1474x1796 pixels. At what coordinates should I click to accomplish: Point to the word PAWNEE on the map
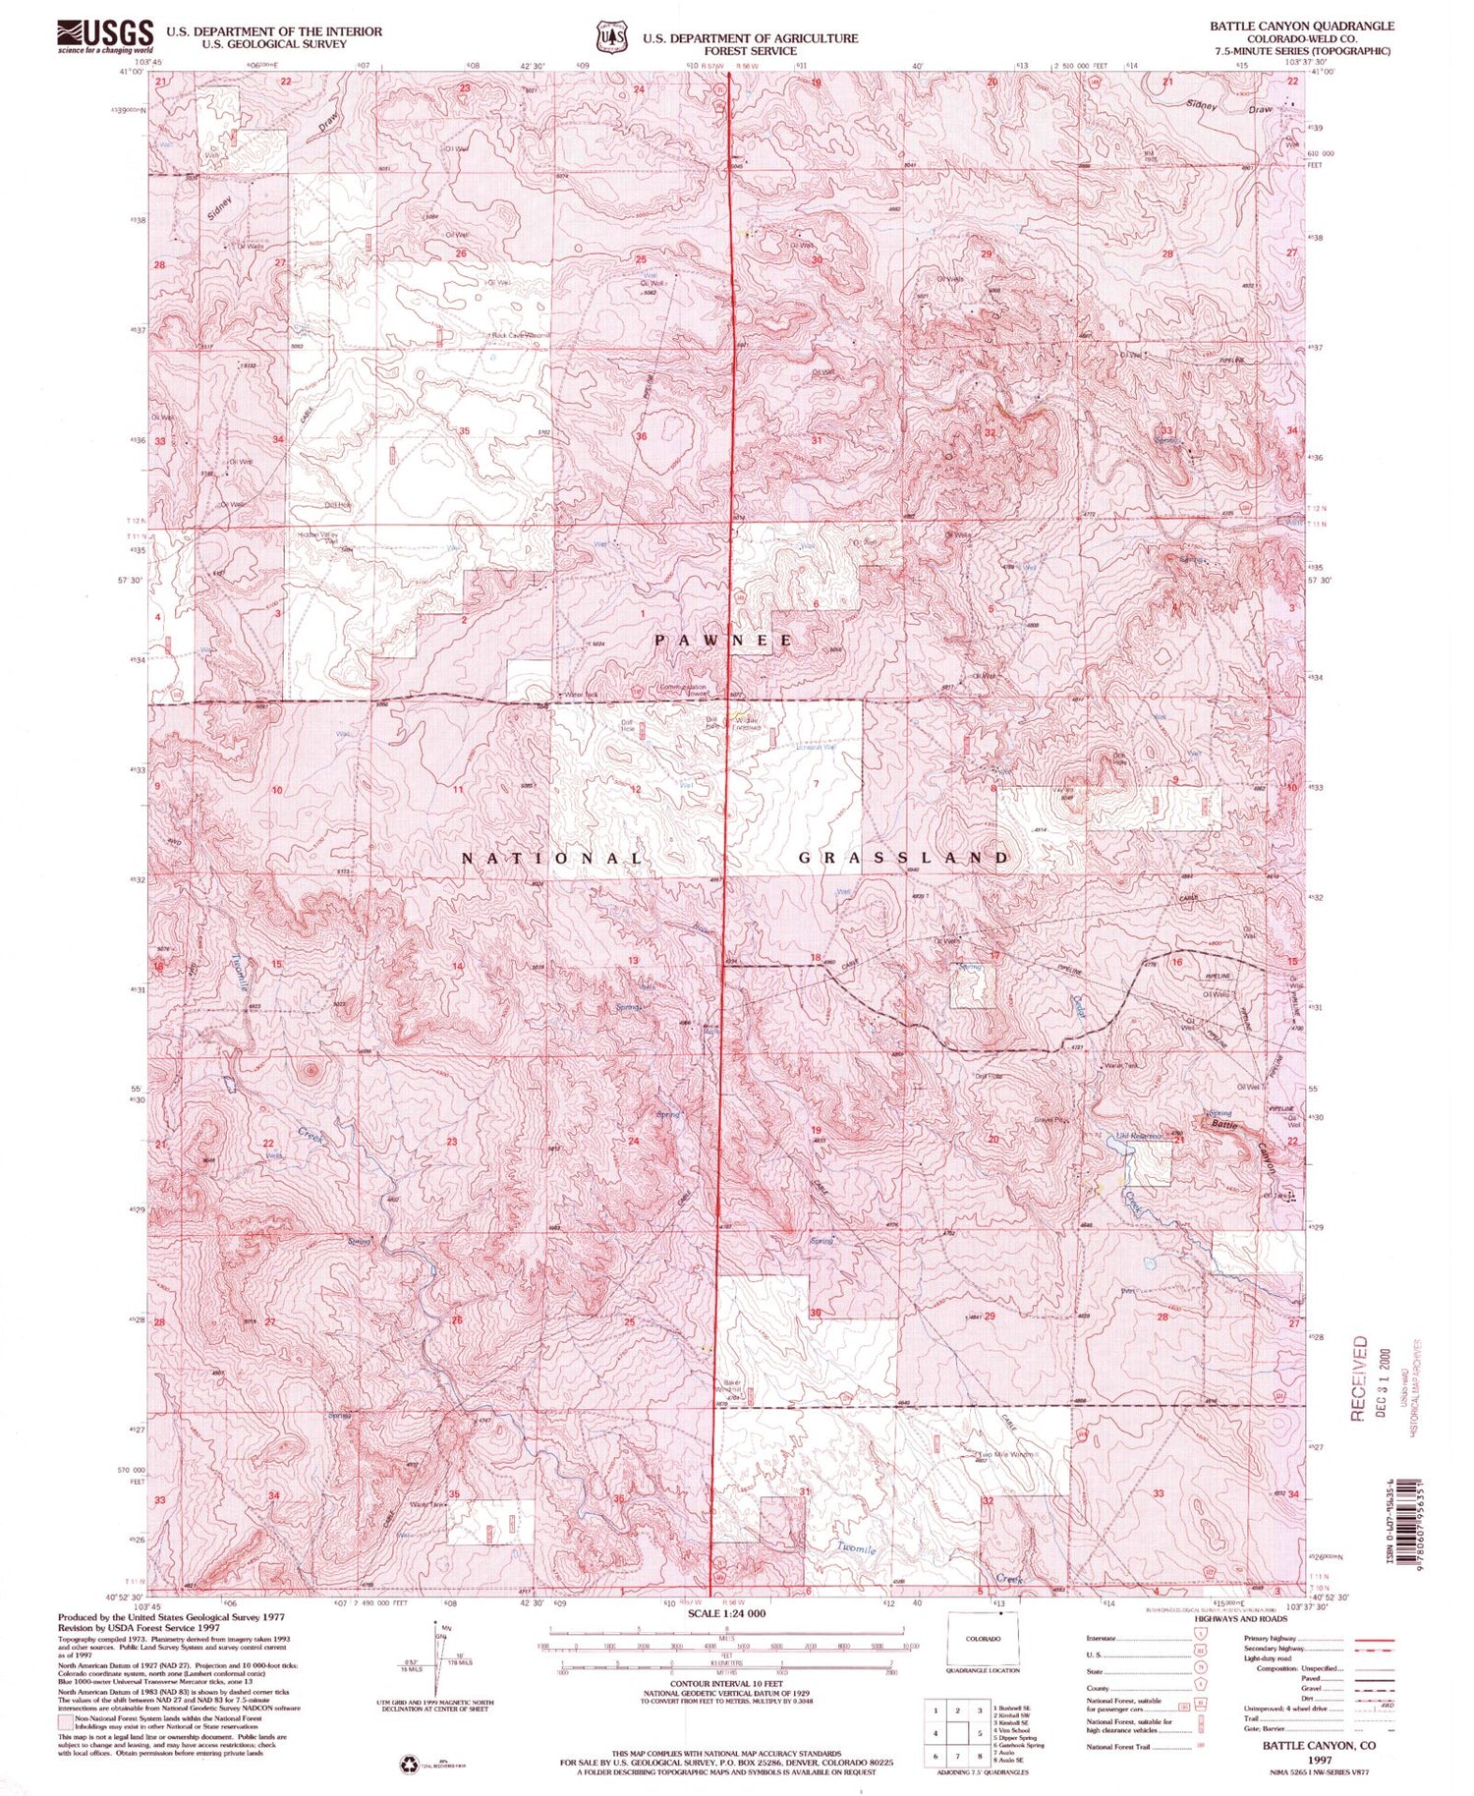(724, 640)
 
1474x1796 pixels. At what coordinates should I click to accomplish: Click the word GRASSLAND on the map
(902, 858)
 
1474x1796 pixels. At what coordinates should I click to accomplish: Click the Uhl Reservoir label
(1139, 1137)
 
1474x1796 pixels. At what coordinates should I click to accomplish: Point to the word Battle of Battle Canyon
(1224, 1123)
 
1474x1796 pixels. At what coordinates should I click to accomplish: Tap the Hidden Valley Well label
(317, 537)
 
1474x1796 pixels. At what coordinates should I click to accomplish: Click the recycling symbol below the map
(407, 1766)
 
